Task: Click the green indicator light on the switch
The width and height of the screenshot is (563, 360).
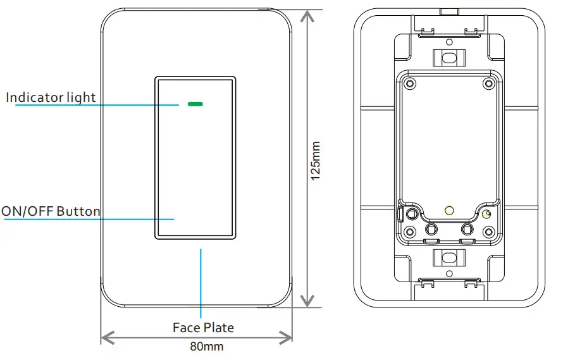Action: (195, 102)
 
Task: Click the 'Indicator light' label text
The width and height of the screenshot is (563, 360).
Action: (51, 97)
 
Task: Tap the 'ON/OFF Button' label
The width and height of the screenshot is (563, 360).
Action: (51, 211)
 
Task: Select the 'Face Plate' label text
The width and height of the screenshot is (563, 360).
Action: (203, 327)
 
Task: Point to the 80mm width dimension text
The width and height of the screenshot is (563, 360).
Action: (207, 347)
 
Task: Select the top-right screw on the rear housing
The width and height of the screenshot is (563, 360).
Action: (488, 84)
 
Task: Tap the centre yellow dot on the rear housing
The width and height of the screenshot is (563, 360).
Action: (449, 209)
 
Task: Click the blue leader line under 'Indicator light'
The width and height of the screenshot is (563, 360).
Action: (95, 105)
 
